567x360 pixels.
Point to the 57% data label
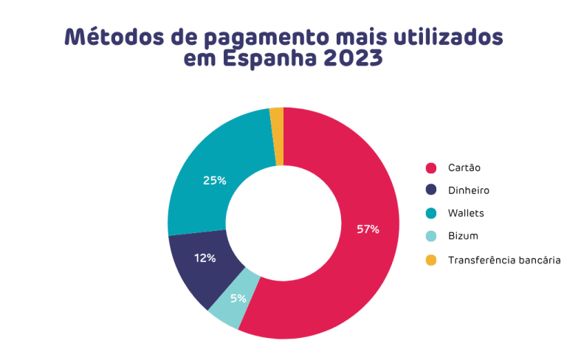[368, 229]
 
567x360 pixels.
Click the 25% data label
[215, 180]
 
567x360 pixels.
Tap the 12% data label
[205, 258]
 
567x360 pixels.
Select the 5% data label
[238, 299]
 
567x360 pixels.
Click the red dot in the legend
[431, 167]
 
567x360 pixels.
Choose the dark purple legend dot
[431, 190]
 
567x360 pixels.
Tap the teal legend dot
[431, 214]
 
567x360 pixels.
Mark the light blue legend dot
[431, 237]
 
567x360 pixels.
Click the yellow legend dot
[431, 260]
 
